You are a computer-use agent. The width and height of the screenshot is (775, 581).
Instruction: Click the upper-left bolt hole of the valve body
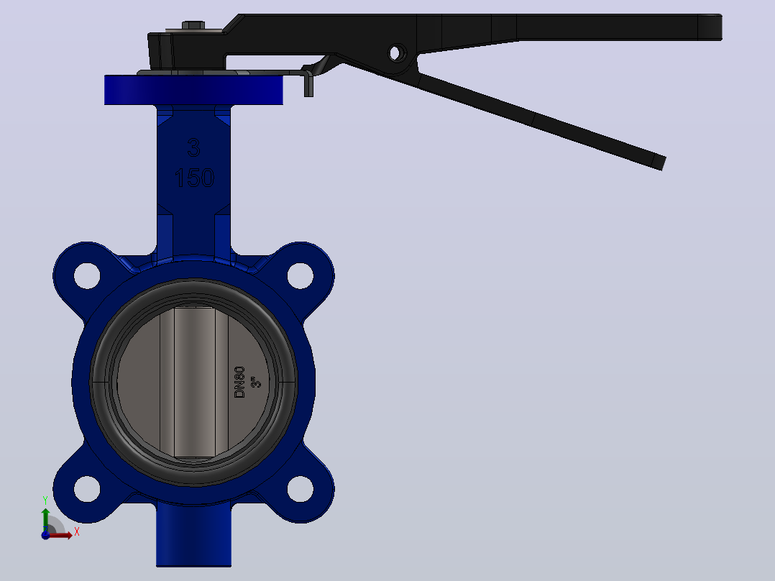point(87,275)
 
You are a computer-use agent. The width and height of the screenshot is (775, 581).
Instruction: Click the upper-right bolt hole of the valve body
point(300,275)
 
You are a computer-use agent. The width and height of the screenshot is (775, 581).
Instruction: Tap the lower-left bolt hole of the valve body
point(87,489)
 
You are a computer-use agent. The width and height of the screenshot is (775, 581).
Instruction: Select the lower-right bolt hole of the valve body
point(300,489)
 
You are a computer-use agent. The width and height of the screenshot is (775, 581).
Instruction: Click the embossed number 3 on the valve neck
point(194,147)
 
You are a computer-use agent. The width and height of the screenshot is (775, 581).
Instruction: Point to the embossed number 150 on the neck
point(194,178)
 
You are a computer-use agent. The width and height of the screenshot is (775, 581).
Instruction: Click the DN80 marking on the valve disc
point(239,382)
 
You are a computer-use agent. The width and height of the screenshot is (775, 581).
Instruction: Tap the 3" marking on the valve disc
point(255,382)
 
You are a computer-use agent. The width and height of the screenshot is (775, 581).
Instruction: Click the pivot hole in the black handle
point(396,52)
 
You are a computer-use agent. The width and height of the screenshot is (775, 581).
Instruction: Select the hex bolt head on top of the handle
point(193,24)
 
